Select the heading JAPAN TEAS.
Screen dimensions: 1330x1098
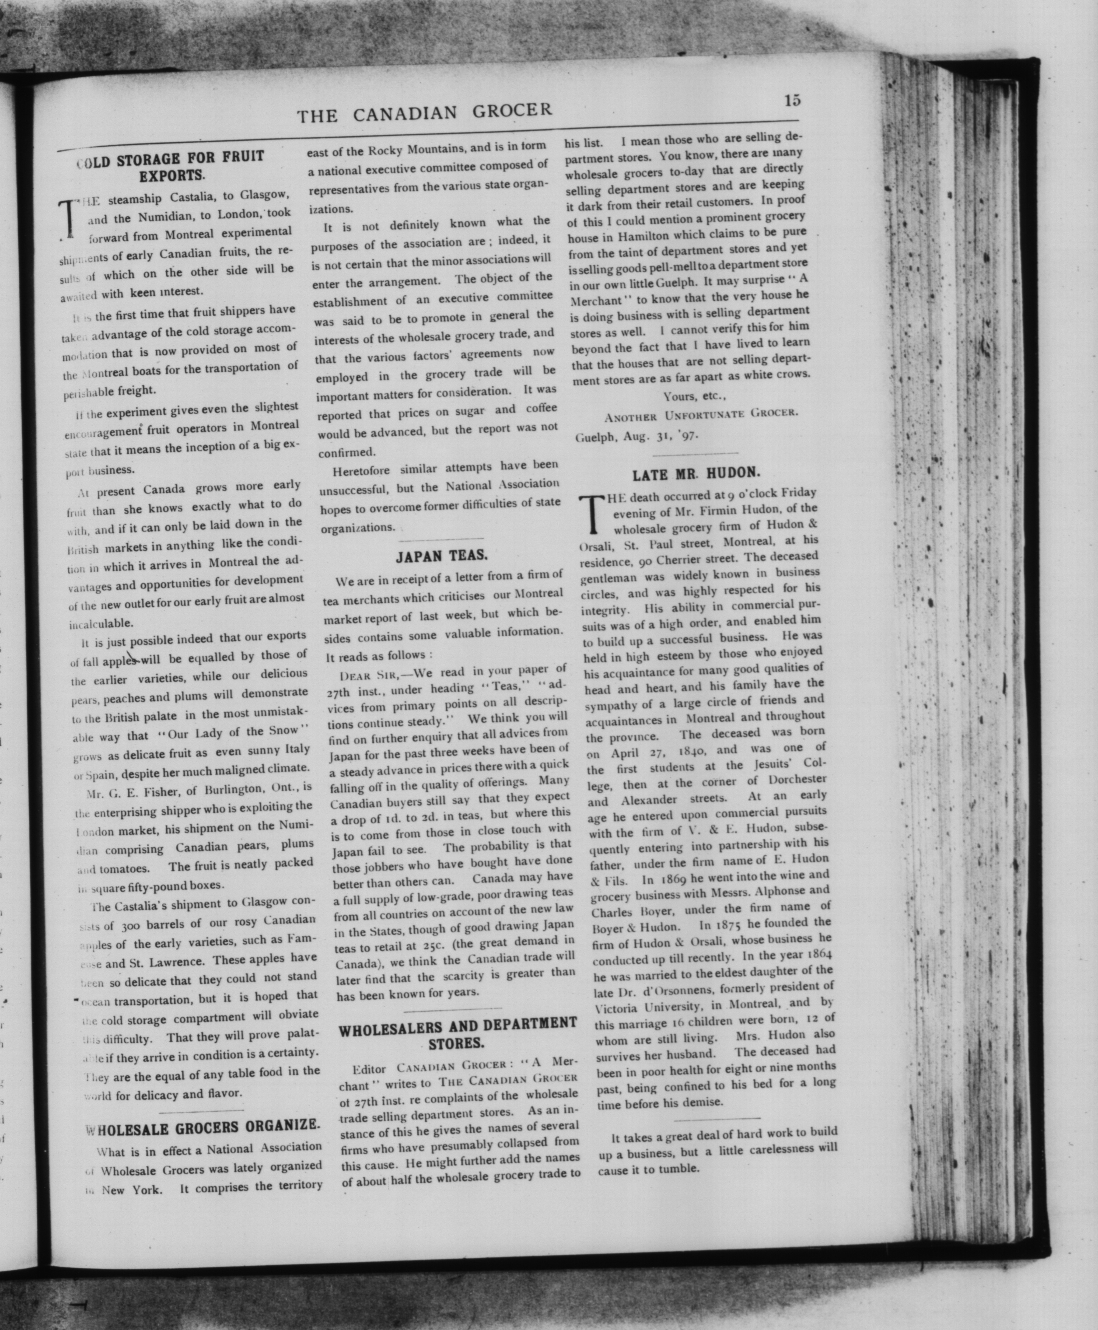(x=442, y=556)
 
